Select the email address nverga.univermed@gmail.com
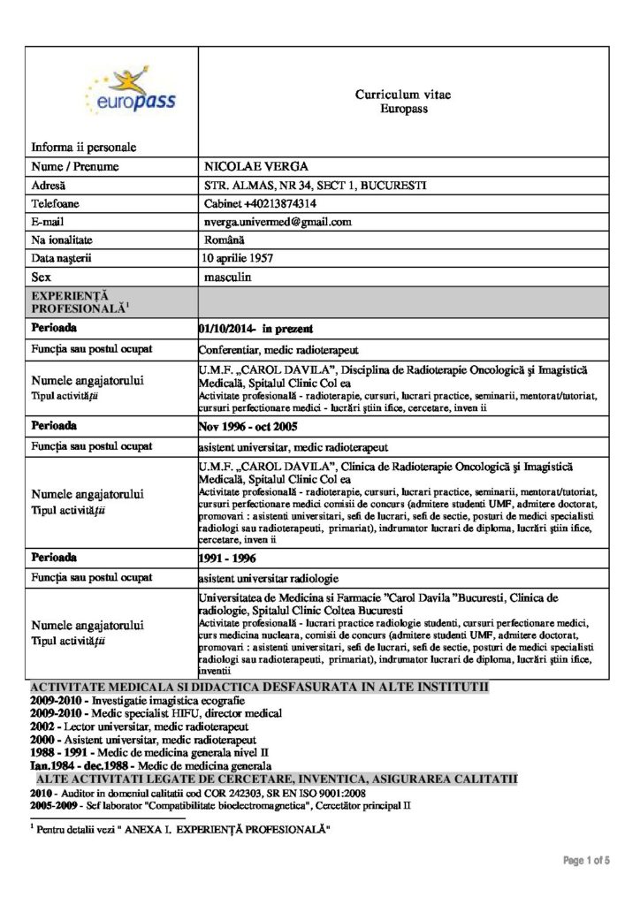tap(278, 222)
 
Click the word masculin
tap(228, 277)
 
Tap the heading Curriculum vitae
tap(403, 95)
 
